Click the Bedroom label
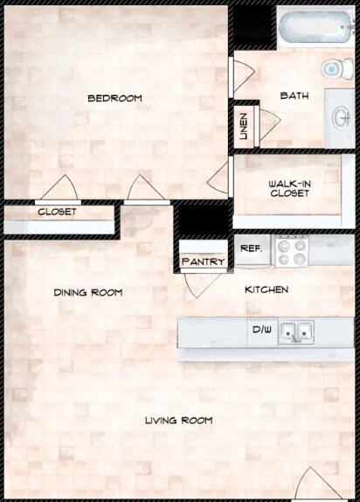click(114, 98)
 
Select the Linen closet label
click(244, 127)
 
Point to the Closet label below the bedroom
click(57, 212)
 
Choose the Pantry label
click(204, 261)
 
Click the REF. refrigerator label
click(252, 248)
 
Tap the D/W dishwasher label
click(261, 331)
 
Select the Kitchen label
click(267, 289)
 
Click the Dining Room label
click(87, 292)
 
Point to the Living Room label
click(178, 421)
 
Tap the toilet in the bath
click(333, 69)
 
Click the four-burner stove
click(291, 252)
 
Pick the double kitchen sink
click(297, 331)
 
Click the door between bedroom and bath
click(242, 76)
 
